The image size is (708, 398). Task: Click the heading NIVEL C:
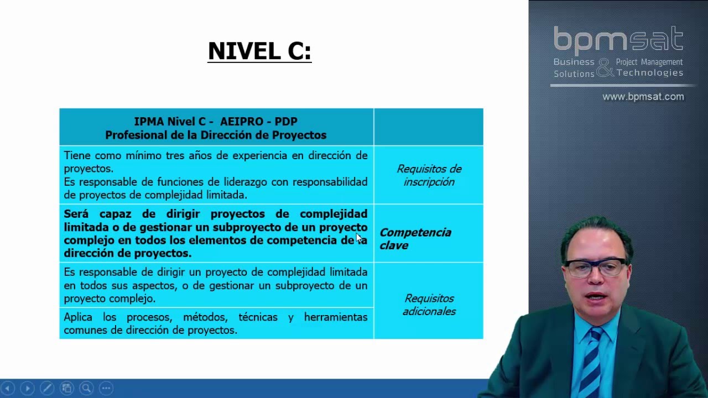[259, 51]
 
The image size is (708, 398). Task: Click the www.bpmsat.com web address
[643, 97]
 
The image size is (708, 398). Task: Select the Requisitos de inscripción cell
[429, 175]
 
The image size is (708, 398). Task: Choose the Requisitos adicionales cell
[429, 305]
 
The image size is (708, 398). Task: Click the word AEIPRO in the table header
[243, 122]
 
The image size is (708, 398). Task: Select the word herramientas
[336, 317]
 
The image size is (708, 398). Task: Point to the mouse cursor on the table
[359, 238]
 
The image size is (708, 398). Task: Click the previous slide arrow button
[8, 388]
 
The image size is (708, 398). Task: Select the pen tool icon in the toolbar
[46, 388]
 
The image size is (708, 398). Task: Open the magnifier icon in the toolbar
[86, 388]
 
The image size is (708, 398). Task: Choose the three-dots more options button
[106, 388]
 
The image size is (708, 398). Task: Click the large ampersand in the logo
[605, 67]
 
